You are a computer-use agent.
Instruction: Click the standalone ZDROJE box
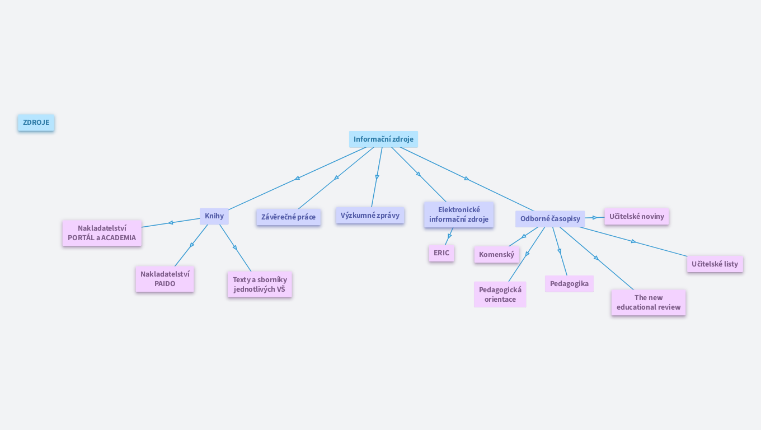point(36,123)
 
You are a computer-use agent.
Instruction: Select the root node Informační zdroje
point(383,139)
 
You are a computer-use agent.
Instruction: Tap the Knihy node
point(214,216)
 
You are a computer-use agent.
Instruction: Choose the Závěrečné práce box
point(288,217)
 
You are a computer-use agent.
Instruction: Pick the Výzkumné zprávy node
point(370,216)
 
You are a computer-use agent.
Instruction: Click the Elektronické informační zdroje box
point(458,214)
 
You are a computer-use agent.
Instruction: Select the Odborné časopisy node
point(550,219)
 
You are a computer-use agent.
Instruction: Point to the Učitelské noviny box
point(636,217)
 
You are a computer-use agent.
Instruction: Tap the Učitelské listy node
point(715,264)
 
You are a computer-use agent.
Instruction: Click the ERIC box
point(441,253)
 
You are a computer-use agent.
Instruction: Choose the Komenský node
point(496,255)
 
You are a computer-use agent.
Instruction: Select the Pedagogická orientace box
point(500,295)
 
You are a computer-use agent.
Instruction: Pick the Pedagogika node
point(569,284)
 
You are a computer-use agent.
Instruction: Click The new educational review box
point(648,302)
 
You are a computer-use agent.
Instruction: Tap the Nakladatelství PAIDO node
point(165,279)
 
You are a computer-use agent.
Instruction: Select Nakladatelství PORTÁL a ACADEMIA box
point(102,233)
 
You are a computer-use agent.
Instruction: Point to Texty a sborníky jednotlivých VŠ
point(260,284)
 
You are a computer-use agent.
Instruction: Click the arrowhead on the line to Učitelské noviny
point(595,218)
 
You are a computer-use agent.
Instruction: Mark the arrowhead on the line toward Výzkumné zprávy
point(377,177)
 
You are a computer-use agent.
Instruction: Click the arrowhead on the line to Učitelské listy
point(633,241)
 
